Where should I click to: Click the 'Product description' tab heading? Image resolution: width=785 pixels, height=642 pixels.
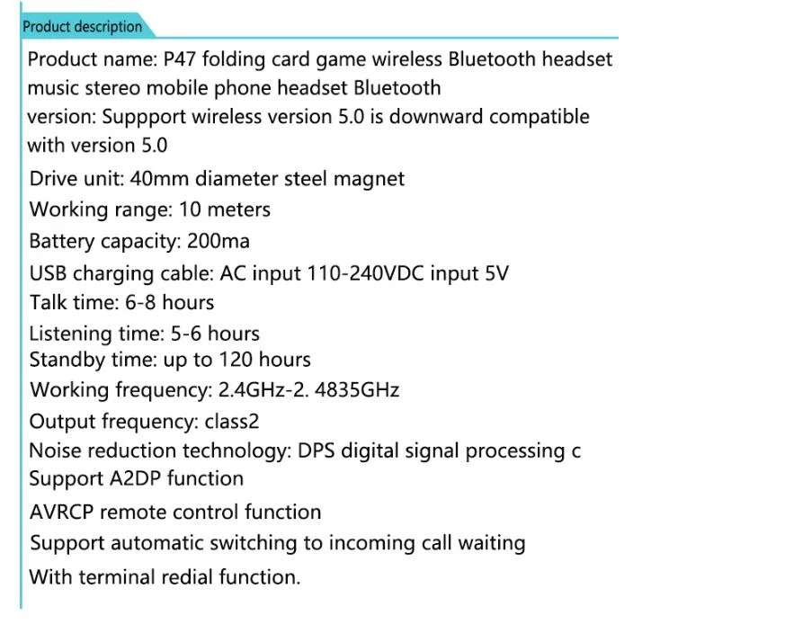[83, 27]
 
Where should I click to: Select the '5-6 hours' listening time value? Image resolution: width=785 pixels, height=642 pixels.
[215, 334]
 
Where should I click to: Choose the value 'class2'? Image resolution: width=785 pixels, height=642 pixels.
[232, 422]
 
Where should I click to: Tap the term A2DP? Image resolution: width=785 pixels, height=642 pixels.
[134, 478]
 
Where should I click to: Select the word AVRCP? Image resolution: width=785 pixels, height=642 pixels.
[61, 513]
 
